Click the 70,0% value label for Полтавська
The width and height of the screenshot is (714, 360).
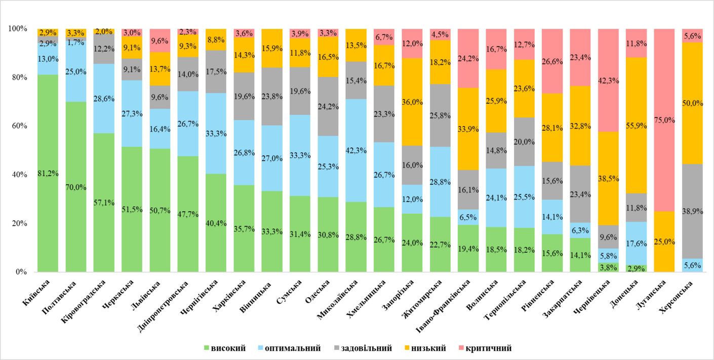click(76, 187)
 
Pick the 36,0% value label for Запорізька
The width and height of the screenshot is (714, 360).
click(412, 116)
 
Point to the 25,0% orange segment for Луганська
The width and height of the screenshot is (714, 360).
click(664, 242)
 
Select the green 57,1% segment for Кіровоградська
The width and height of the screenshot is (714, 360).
click(104, 203)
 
